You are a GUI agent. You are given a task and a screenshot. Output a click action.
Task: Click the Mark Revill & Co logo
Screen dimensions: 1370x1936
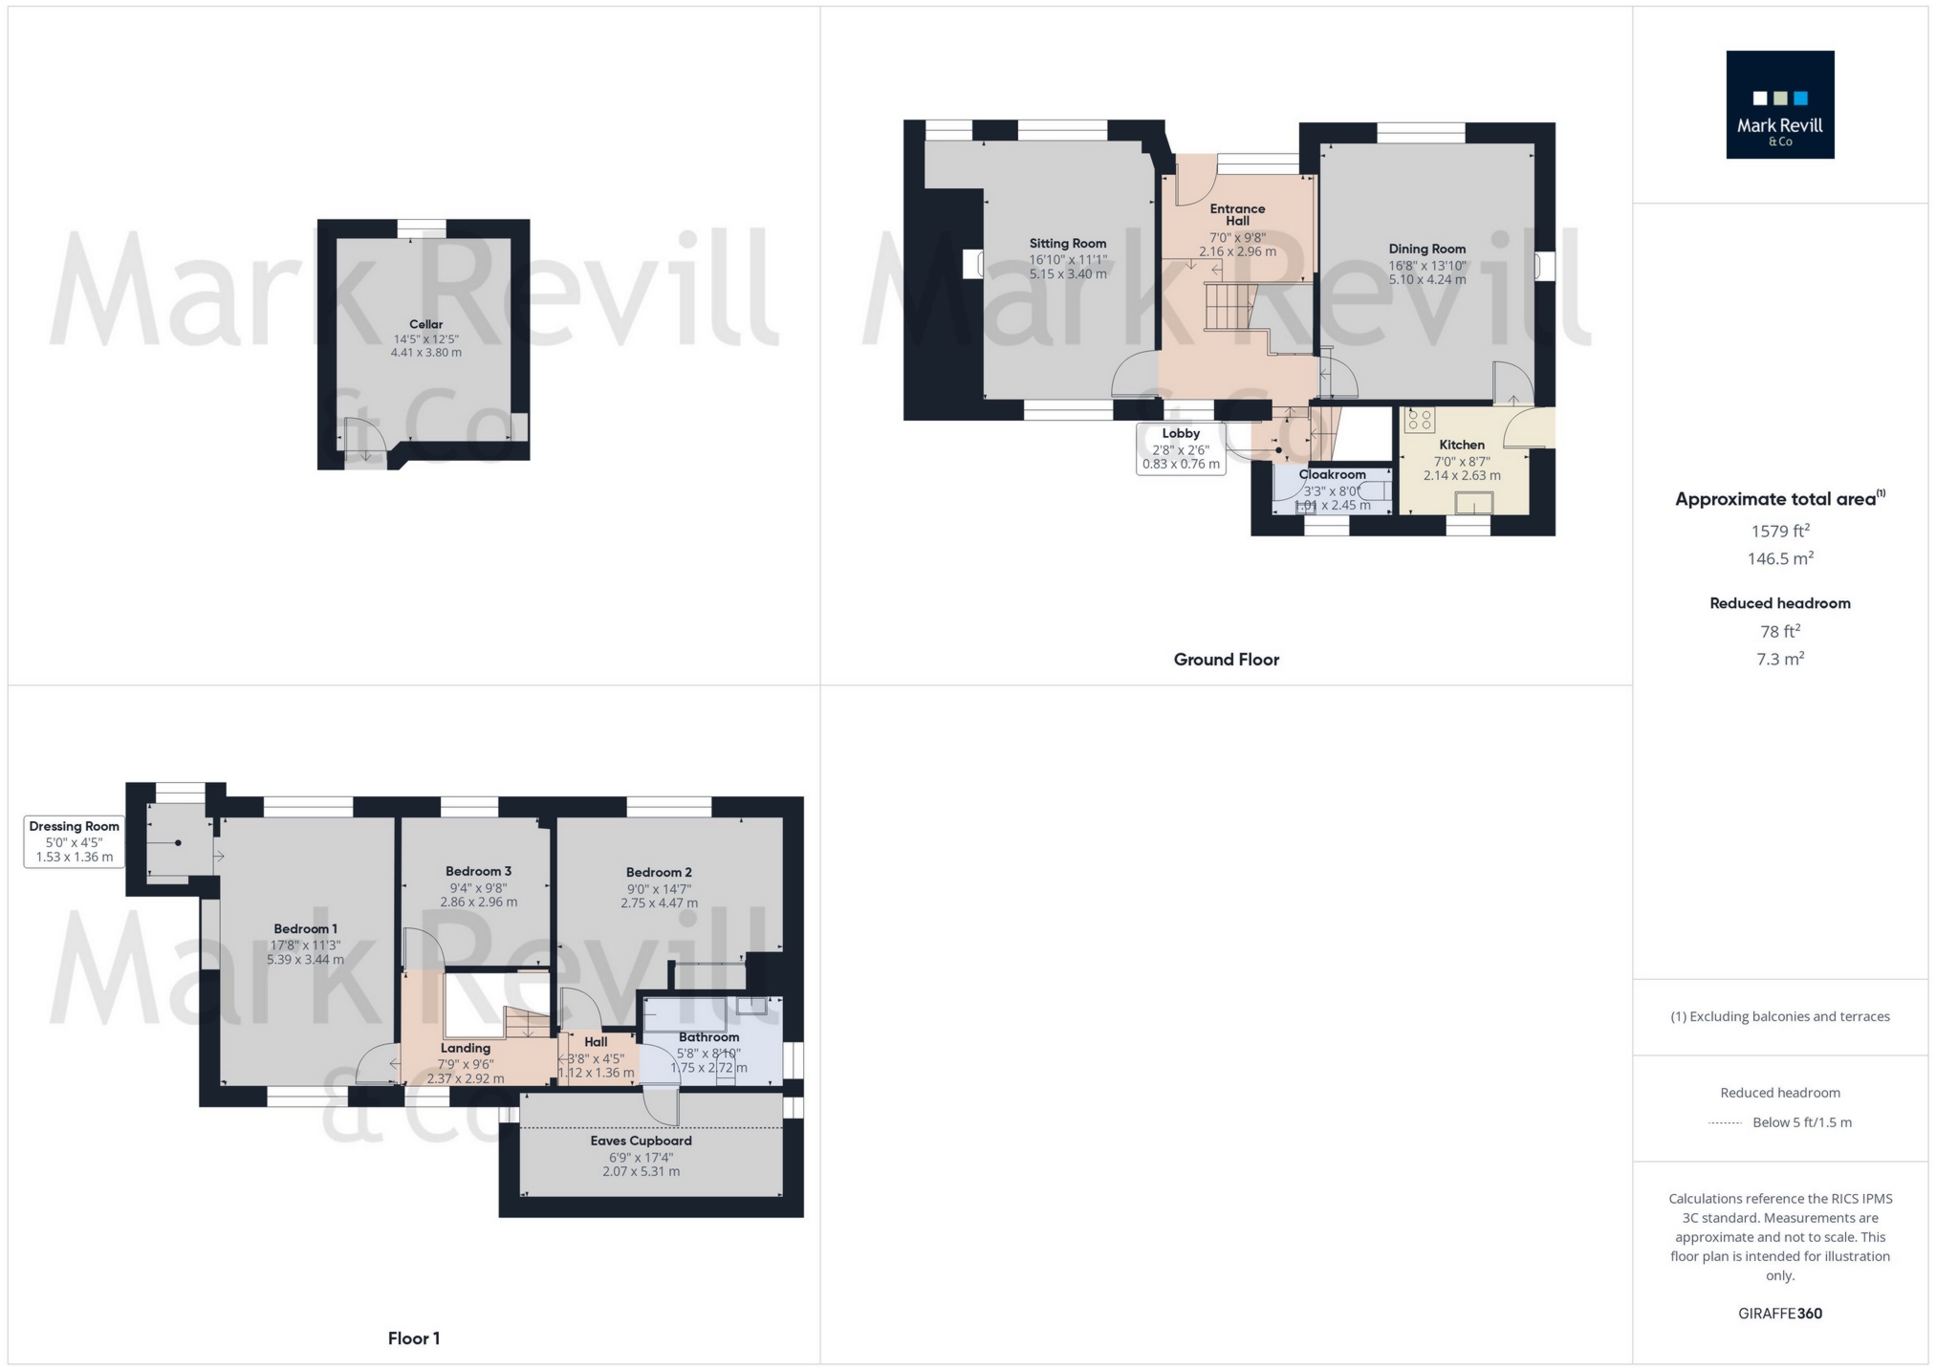coord(1779,104)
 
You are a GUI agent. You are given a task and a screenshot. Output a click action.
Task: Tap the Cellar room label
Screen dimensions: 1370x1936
coord(425,324)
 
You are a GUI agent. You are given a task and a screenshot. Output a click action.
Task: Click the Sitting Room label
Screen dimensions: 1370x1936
coord(1067,243)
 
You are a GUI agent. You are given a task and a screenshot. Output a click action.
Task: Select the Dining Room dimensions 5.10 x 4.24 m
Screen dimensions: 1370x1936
coord(1426,280)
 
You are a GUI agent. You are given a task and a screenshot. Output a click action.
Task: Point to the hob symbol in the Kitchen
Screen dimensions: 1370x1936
coord(1420,420)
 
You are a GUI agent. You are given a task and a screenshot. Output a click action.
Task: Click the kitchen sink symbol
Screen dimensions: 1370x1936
coord(1473,503)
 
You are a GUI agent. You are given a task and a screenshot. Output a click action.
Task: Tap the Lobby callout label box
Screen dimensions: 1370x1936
coord(1181,448)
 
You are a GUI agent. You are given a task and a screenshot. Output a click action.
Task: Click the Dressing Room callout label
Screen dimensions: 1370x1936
coord(74,841)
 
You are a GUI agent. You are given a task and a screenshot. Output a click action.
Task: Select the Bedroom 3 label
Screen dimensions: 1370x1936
coord(478,871)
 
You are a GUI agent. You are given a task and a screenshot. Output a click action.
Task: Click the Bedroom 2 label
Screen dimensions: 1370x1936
coord(659,872)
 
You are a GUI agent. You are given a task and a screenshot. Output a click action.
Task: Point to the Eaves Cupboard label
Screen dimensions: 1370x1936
coord(641,1141)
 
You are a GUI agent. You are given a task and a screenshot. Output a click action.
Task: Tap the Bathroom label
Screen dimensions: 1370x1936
coord(708,1037)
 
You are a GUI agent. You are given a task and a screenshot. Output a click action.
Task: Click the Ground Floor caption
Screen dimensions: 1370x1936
coord(1226,659)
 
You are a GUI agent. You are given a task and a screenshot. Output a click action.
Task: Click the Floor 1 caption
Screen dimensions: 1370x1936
coord(413,1338)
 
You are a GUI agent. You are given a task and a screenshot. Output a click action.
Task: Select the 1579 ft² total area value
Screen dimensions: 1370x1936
coord(1779,531)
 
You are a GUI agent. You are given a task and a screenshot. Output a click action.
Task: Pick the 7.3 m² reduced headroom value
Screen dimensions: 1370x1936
coord(1779,659)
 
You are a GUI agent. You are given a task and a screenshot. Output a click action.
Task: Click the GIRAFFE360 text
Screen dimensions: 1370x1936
coord(1779,1314)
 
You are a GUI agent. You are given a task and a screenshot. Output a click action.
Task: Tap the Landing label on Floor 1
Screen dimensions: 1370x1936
coord(465,1048)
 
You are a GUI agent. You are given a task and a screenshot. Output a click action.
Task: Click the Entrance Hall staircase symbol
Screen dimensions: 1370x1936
coord(1228,307)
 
